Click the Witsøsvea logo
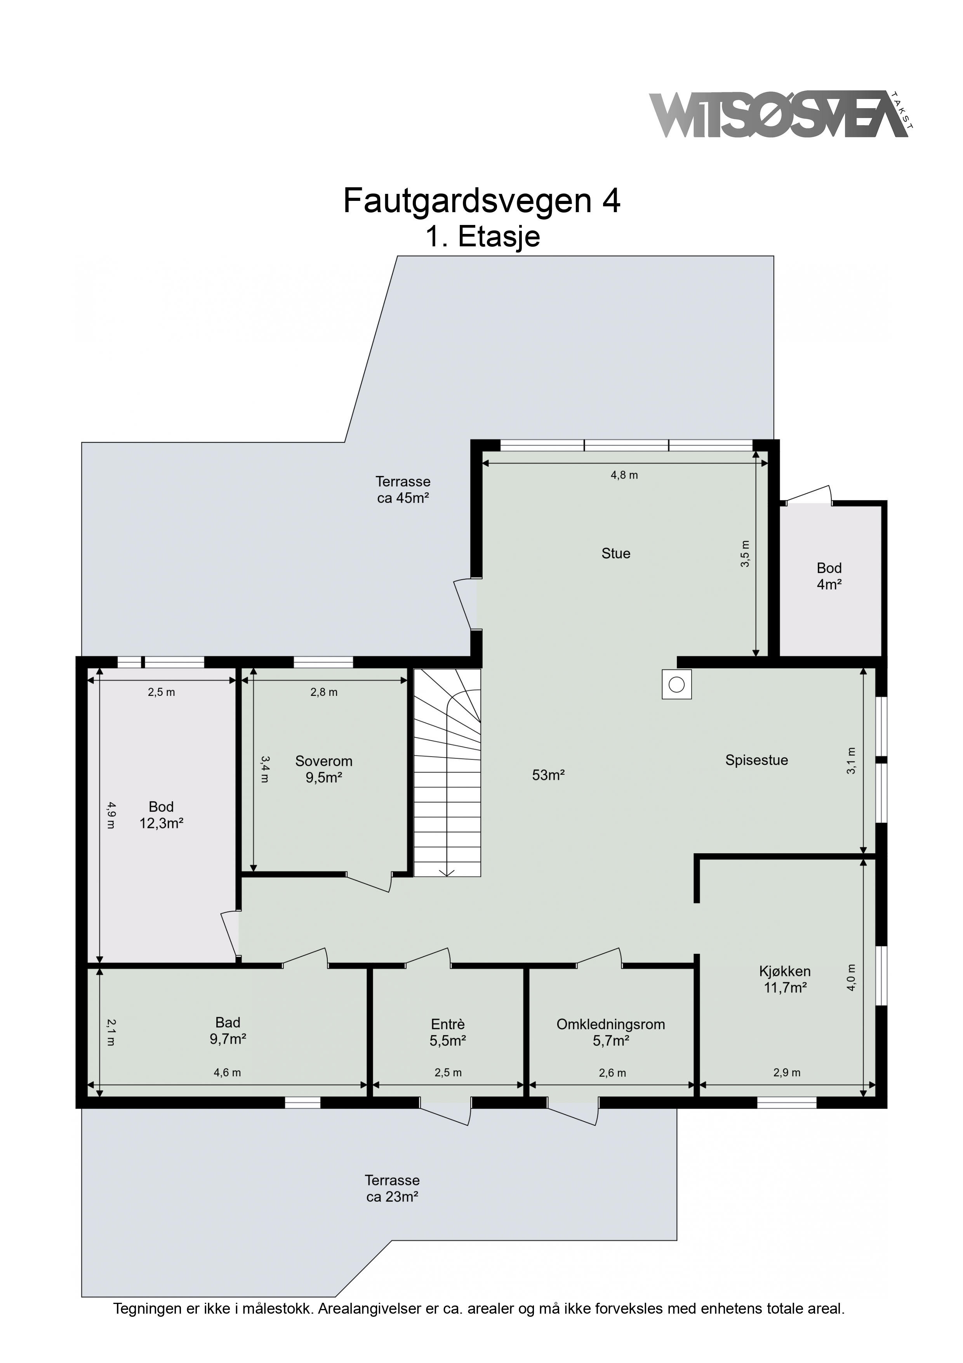(781, 115)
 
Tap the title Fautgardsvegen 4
(482, 201)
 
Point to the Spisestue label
(756, 760)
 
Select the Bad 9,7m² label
(228, 1030)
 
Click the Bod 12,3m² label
(162, 815)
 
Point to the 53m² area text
(548, 775)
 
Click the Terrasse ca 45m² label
(403, 490)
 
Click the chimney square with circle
(676, 685)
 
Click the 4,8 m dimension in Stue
(624, 475)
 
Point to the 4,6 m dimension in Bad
(227, 1073)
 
